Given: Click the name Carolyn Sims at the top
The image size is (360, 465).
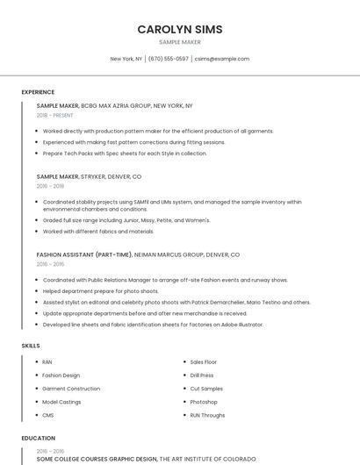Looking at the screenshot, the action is [x=179, y=29].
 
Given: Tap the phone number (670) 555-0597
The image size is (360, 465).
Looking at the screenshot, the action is [x=169, y=59].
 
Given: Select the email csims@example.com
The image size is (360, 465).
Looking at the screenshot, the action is [x=222, y=59].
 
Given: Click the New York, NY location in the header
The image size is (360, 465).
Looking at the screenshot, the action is [x=126, y=59].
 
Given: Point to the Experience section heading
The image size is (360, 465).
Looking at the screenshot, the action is [x=38, y=92].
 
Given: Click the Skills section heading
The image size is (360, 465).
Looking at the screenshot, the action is [x=31, y=346].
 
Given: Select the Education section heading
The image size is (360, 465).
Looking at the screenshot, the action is [x=38, y=438].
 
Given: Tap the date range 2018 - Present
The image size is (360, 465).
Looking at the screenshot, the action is [x=55, y=115].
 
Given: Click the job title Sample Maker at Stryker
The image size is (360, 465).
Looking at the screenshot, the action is [x=57, y=176].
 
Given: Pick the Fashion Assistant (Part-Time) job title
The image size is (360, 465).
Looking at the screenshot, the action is [x=83, y=254].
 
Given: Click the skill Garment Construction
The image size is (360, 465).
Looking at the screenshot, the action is [x=71, y=388].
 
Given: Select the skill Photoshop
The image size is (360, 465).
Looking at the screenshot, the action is [x=204, y=401].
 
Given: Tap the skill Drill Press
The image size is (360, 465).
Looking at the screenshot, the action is [x=202, y=375].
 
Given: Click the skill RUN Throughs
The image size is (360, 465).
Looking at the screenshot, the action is [x=207, y=414].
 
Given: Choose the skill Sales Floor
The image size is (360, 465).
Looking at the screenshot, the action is [x=204, y=361].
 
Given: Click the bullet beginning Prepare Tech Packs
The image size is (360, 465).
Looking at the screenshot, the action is [x=125, y=153].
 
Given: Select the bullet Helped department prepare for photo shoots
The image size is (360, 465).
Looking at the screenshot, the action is [x=100, y=290].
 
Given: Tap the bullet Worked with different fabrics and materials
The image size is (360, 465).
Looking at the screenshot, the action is [x=97, y=232].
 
